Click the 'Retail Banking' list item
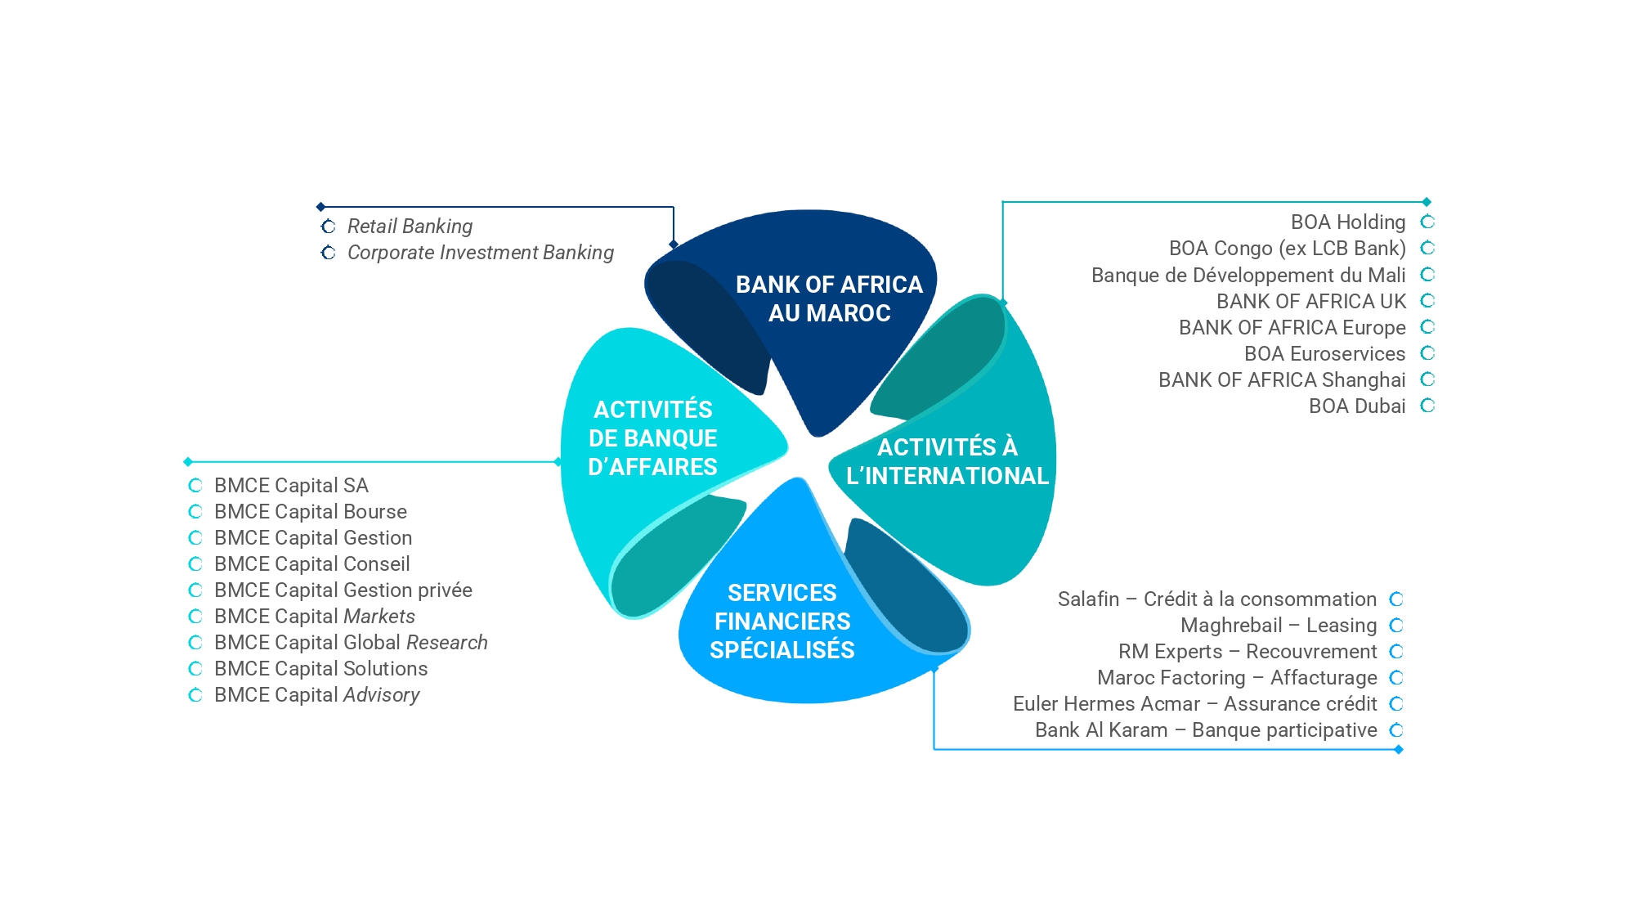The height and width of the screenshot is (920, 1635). point(410,227)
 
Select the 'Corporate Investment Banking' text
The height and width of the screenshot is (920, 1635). point(480,253)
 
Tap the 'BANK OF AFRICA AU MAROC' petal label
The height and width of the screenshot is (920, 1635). point(829,298)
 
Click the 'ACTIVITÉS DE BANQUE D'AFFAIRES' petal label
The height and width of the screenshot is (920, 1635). point(652,438)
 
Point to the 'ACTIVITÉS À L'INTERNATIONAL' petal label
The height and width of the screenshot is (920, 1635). point(947,461)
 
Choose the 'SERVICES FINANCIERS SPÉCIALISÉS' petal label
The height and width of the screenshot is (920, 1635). point(782,622)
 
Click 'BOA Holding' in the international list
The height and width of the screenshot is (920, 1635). point(1348,222)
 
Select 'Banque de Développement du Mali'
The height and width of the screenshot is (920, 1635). point(1248,275)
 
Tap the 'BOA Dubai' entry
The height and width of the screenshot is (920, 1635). point(1357,406)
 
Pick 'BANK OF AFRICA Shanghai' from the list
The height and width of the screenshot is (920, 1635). point(1282,380)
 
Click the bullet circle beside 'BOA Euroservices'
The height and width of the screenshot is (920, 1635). point(1427,353)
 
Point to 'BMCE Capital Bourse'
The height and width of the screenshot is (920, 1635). point(310,512)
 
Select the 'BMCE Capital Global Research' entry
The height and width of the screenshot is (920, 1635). point(351,643)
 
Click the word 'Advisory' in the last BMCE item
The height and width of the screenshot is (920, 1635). point(382,695)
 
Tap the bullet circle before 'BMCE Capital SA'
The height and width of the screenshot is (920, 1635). point(195,486)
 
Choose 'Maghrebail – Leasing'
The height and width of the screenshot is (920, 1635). point(1279,626)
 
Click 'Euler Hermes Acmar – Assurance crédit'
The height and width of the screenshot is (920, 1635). point(1194,704)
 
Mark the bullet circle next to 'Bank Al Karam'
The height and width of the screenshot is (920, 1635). point(1396,730)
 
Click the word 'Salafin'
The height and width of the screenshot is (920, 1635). point(1088,599)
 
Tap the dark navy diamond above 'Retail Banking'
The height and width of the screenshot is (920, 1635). point(321,207)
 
